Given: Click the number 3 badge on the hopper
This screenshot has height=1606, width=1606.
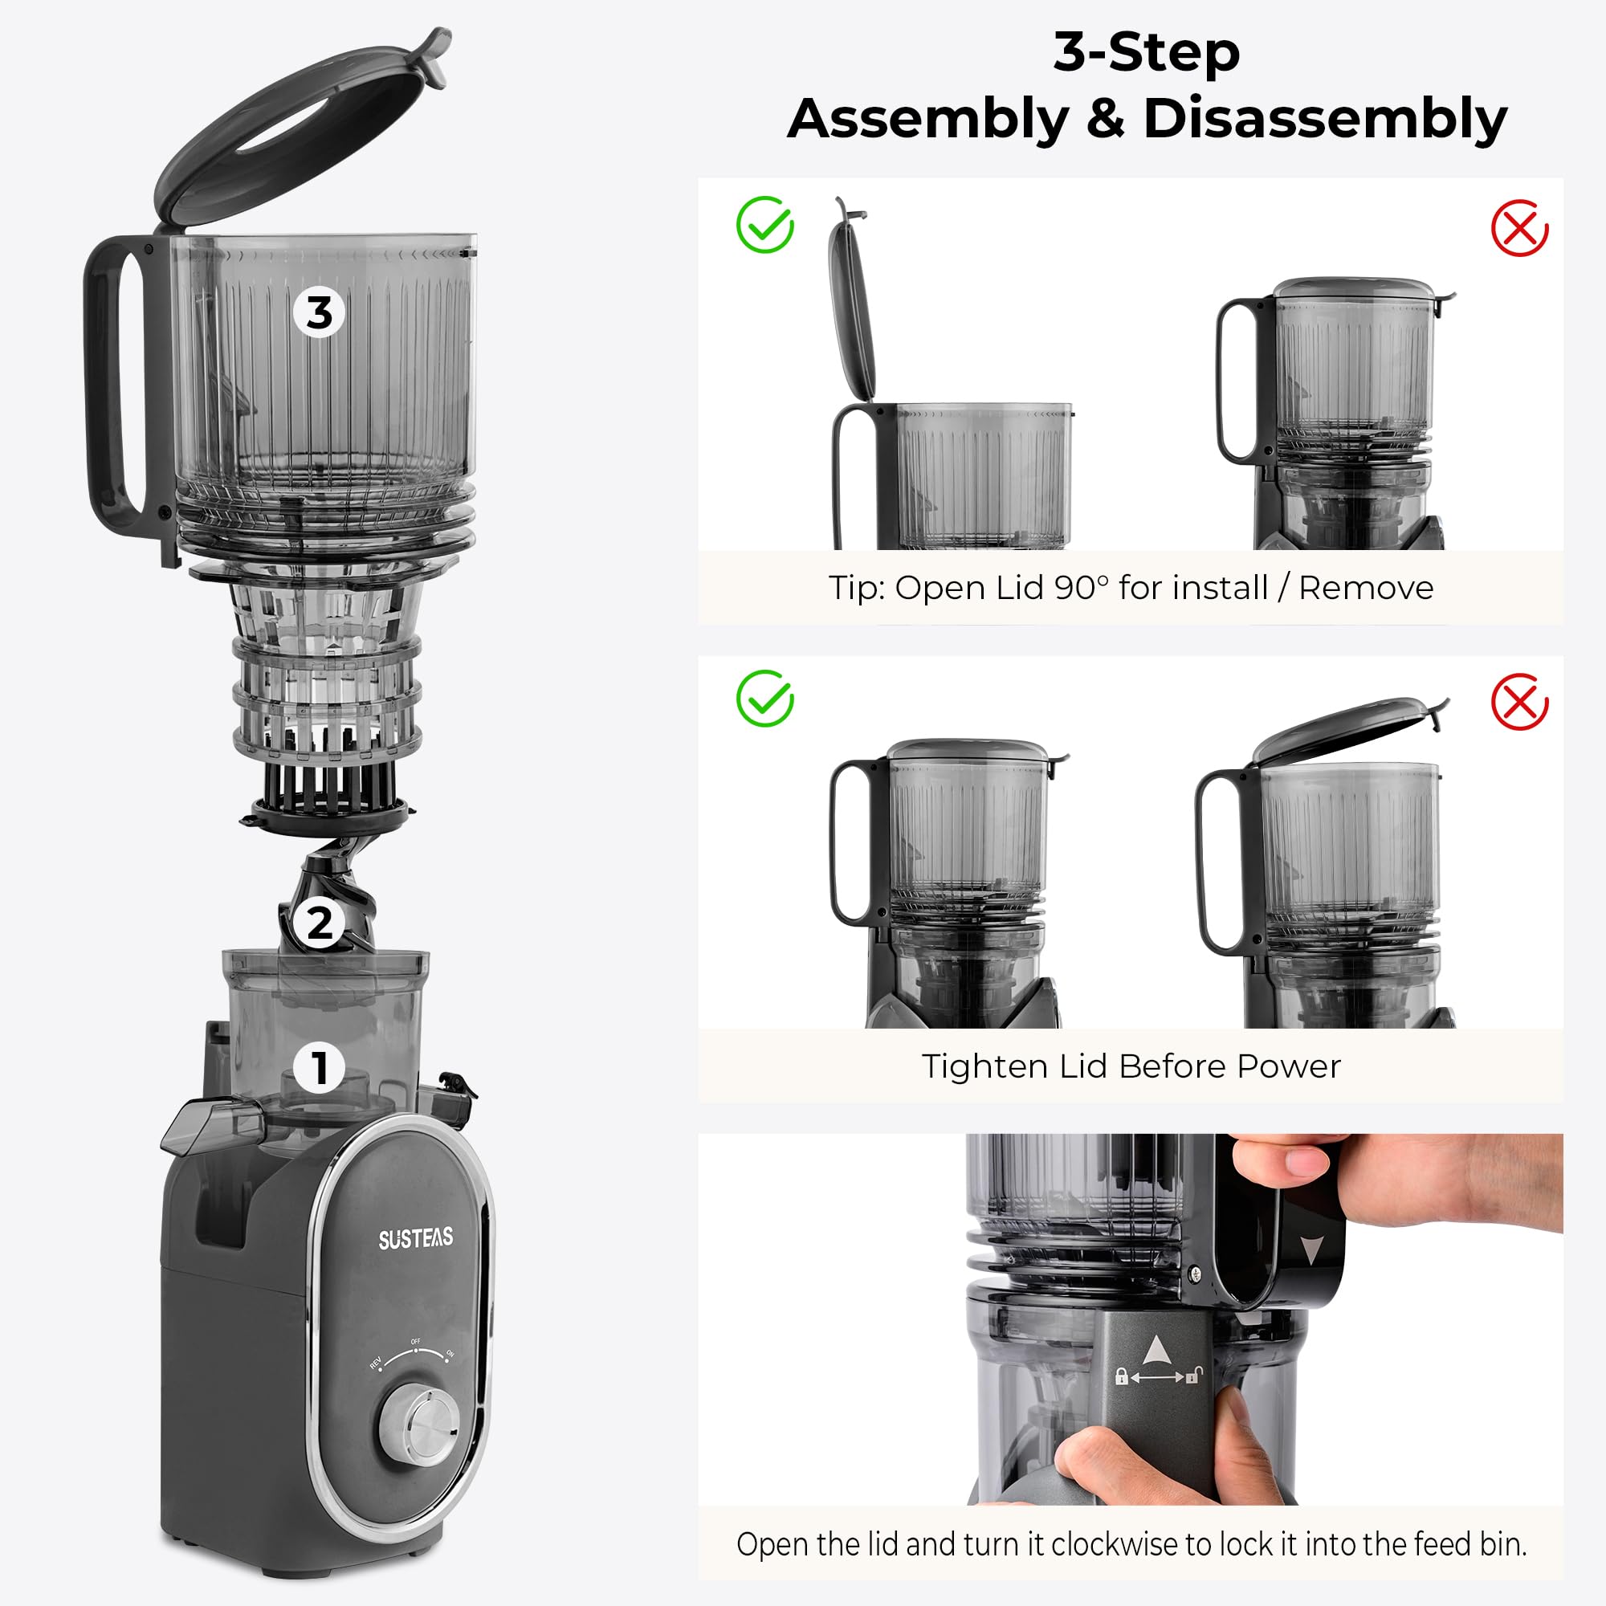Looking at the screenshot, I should [320, 313].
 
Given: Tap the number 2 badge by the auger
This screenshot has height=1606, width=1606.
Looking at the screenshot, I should [320, 923].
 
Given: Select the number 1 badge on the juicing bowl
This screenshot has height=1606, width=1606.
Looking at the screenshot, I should [320, 1067].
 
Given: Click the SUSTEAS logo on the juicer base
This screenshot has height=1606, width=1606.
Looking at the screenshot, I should [416, 1239].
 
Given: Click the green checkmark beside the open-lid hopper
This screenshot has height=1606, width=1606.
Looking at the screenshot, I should [764, 225].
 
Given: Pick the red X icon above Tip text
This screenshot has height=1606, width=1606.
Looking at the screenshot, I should [1519, 228].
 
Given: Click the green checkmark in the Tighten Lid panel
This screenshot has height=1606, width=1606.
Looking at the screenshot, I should [764, 699].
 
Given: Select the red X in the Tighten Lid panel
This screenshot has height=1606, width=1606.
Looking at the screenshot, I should [1519, 702].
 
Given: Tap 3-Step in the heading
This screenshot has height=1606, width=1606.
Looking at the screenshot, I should [1147, 51].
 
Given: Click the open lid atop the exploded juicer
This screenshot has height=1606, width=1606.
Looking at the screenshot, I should [300, 124].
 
